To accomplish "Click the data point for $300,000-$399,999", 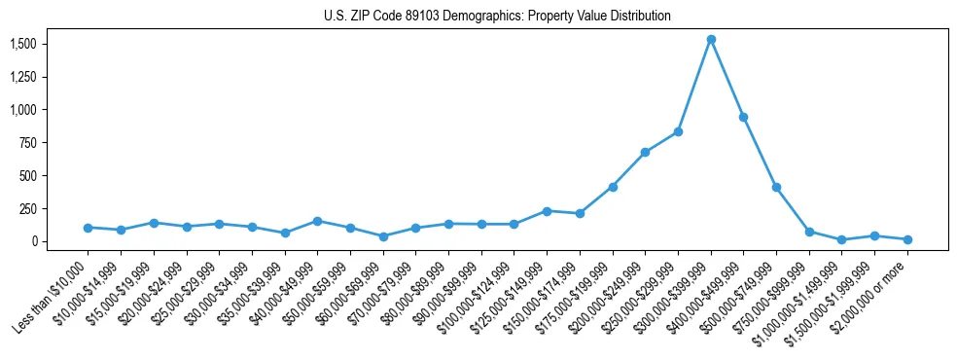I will [x=711, y=40].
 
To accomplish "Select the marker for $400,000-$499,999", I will [x=743, y=117].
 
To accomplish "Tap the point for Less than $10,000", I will [x=88, y=228].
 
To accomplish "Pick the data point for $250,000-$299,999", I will [x=678, y=131].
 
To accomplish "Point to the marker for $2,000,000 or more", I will [x=907, y=239].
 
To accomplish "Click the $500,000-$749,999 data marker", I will [x=776, y=187].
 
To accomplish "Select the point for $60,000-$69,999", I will [x=383, y=236].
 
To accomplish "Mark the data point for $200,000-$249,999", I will [x=645, y=153].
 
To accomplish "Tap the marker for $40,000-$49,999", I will [x=317, y=221].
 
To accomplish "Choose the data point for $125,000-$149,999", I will [x=547, y=211].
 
